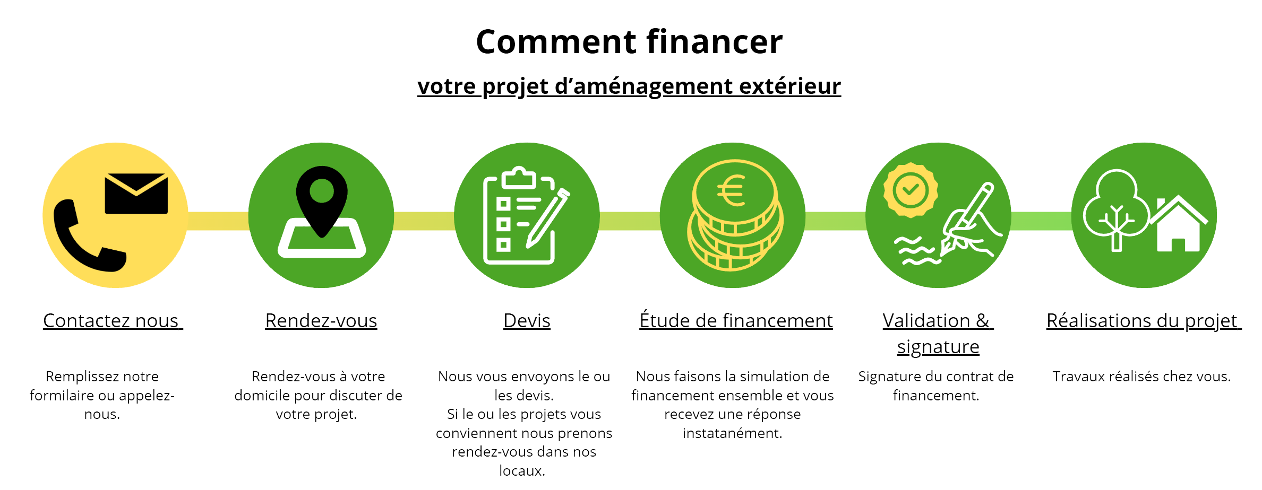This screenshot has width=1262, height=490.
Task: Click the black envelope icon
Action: (x=136, y=194)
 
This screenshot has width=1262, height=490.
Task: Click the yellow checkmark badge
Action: (x=911, y=190)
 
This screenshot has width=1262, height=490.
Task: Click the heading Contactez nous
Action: (x=112, y=321)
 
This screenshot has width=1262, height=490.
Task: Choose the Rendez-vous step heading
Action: (x=321, y=321)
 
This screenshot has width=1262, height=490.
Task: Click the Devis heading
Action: (x=527, y=321)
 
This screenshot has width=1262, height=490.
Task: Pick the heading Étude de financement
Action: (x=736, y=321)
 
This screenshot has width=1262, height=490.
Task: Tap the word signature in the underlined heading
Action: (x=938, y=347)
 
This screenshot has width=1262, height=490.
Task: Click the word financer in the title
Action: (x=714, y=42)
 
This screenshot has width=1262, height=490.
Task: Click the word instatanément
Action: (x=732, y=433)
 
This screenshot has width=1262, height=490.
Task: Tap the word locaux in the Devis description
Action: (x=521, y=470)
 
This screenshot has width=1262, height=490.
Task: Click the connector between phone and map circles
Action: (x=218, y=221)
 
